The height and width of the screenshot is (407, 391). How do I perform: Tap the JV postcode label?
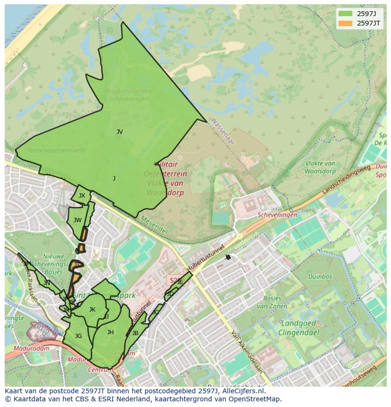pos(119,132)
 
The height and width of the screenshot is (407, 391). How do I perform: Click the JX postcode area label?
pos(82,196)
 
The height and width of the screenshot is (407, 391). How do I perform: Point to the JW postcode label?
pos(77,220)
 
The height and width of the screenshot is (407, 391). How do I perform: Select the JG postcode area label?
pos(78,336)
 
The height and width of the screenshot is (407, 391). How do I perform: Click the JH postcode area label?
pos(110,332)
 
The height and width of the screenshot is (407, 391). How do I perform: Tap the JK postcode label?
pos(92,310)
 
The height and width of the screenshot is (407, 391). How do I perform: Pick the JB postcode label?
pos(135,333)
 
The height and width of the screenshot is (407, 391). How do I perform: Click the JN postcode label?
pos(47,283)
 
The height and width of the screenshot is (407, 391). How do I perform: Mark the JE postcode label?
pos(180,282)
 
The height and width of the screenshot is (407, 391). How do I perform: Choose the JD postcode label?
pos(170,294)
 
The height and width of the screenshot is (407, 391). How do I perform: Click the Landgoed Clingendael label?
pos(300,328)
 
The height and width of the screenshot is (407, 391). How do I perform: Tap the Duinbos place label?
pos(320,277)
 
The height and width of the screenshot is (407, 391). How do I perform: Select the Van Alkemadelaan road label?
pos(246,352)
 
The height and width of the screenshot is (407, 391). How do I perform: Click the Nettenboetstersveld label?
pos(56,150)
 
